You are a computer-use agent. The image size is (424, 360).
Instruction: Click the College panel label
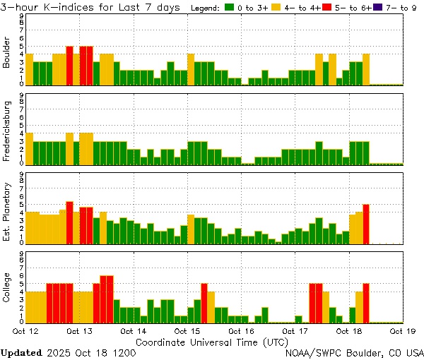click(x=6, y=287)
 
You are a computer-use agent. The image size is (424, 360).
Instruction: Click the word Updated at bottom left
click(x=21, y=352)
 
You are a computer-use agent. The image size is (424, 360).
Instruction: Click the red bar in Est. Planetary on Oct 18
click(x=366, y=224)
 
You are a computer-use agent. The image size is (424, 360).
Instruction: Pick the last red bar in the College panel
click(x=366, y=302)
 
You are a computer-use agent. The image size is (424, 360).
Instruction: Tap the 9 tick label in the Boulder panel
click(x=22, y=16)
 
